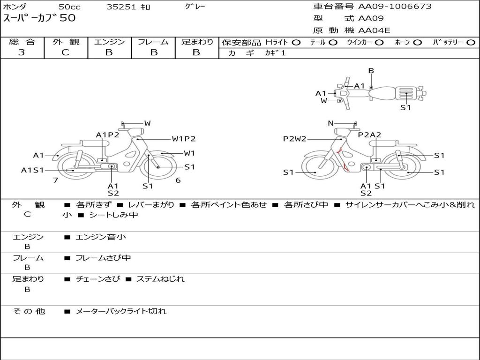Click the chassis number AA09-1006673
[x=395, y=6]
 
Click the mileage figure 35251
[x=121, y=7]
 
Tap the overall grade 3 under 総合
[x=22, y=52]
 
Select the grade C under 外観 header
[x=66, y=52]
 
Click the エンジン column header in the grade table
[x=109, y=42]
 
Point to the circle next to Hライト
[x=296, y=43]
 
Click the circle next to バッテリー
[x=471, y=43]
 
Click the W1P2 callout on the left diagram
[x=184, y=139]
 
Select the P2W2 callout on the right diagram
[x=294, y=139]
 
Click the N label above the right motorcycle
[x=330, y=123]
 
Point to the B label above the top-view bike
[x=371, y=71]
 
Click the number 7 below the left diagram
[x=55, y=180]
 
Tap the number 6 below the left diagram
[x=178, y=180]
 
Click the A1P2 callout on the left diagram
[x=107, y=135]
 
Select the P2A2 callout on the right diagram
[x=370, y=135]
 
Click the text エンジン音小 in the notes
[x=100, y=237]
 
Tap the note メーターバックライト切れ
[x=120, y=311]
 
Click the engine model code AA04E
[x=374, y=30]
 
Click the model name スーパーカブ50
[x=39, y=18]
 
